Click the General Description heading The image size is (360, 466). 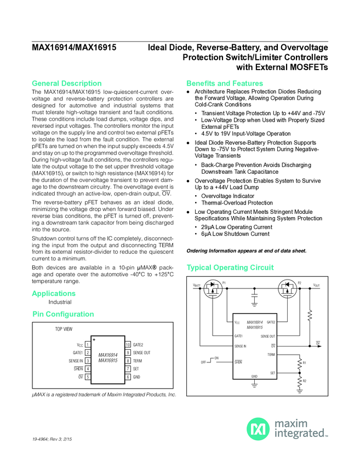(x=67, y=83)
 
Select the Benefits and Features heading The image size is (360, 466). (x=225, y=83)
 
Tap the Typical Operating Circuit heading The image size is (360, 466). (x=230, y=268)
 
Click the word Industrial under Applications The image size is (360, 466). (x=60, y=302)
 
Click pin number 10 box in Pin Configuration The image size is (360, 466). (x=128, y=344)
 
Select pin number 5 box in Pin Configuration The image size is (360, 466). (x=87, y=377)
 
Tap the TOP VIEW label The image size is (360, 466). (x=64, y=331)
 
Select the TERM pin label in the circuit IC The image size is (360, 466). (x=271, y=355)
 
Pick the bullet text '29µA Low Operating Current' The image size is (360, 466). (x=237, y=227)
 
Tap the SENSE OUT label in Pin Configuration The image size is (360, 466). (x=142, y=353)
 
